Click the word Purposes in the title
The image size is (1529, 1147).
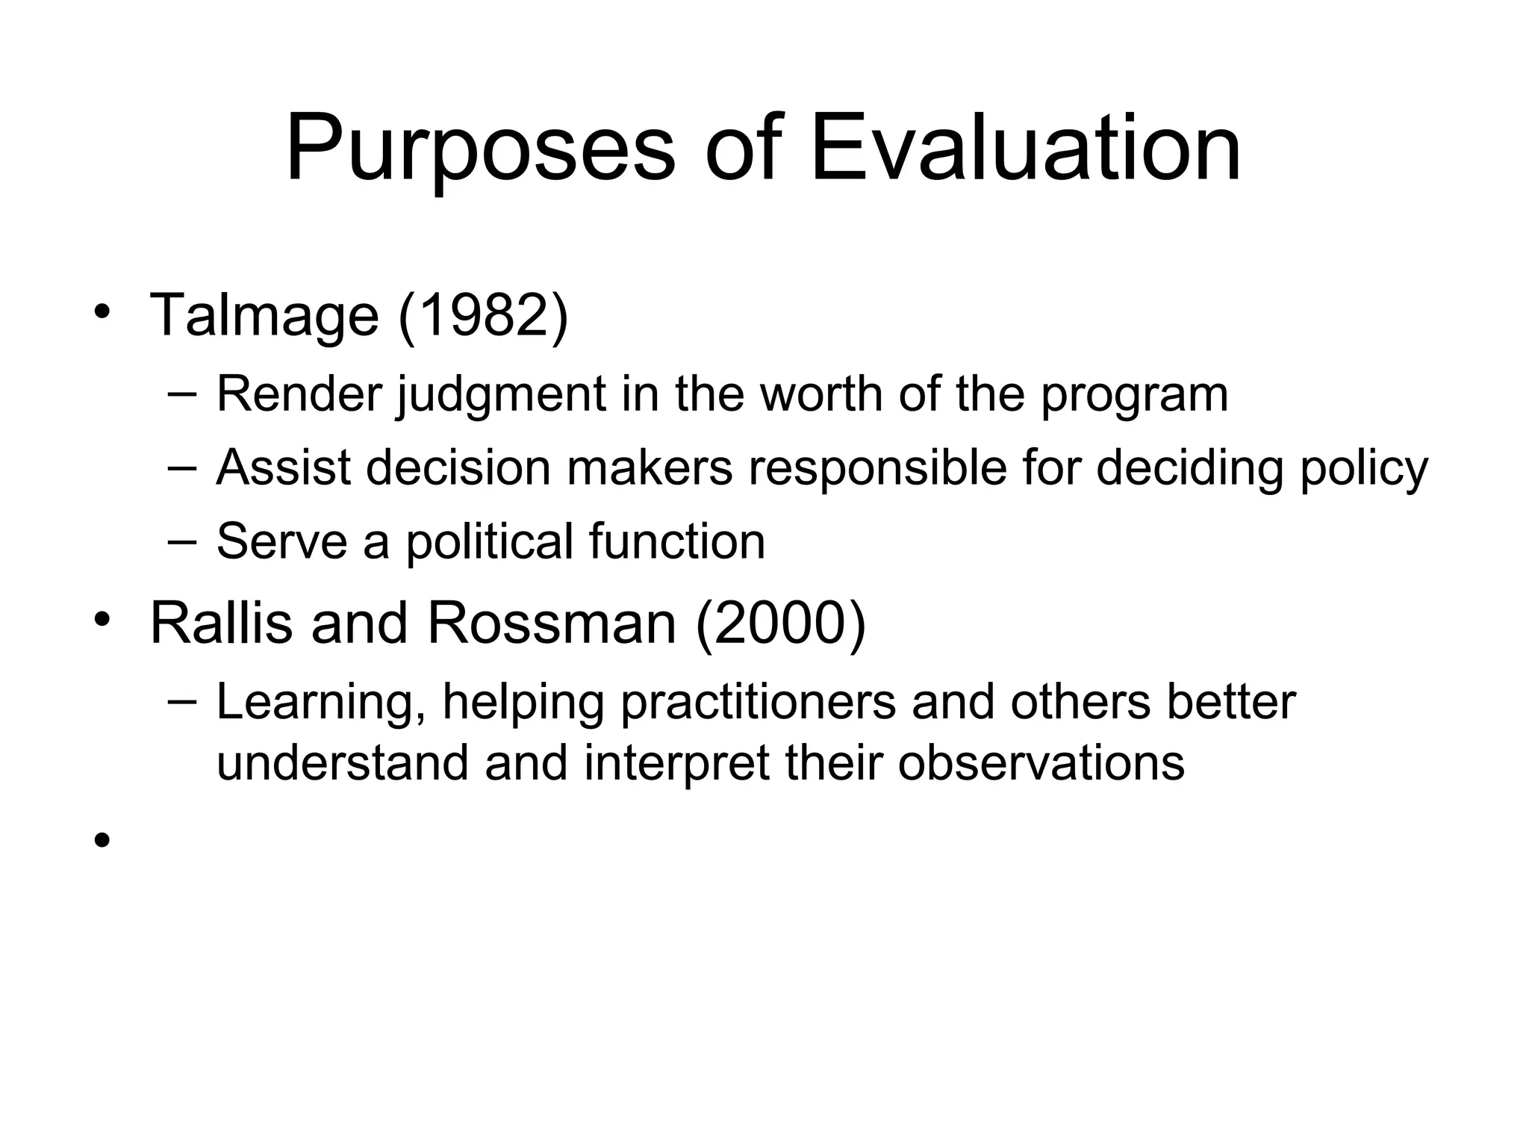click(x=479, y=149)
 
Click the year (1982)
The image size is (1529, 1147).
click(x=483, y=315)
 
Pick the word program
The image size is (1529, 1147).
click(x=1134, y=396)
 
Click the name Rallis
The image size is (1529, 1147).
click(x=221, y=623)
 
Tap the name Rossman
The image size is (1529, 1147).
click(x=551, y=623)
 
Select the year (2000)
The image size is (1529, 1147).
click(x=780, y=623)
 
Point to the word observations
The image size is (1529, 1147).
click(x=1041, y=763)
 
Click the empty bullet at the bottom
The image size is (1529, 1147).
click(x=102, y=841)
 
